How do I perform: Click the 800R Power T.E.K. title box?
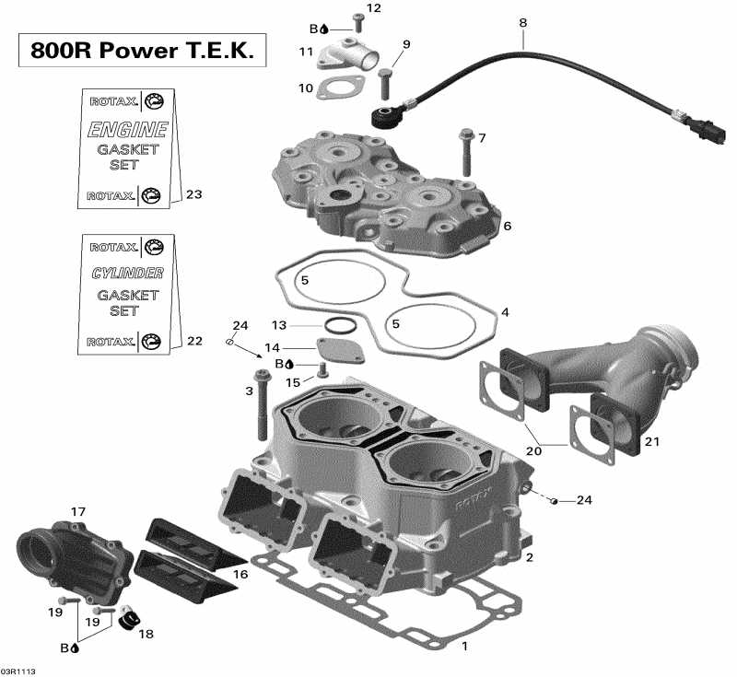tap(142, 51)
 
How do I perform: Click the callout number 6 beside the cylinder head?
tap(508, 226)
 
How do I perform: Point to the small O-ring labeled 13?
tap(338, 325)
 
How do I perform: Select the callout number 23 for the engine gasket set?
tap(193, 194)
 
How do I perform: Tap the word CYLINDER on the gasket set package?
tap(127, 274)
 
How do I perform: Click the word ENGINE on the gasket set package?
tap(127, 129)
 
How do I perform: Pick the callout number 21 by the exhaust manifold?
tap(652, 442)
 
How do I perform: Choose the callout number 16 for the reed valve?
tap(240, 574)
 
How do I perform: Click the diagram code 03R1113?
tap(18, 671)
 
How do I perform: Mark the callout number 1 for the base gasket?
tap(464, 647)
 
